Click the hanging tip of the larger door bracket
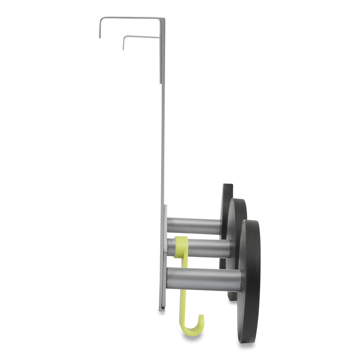pyautogui.click(x=100, y=36)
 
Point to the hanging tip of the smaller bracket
pyautogui.click(x=123, y=48)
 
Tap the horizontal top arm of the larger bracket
pyautogui.click(x=130, y=18)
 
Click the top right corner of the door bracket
pyautogui.click(x=164, y=19)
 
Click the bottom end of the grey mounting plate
pyautogui.click(x=162, y=309)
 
